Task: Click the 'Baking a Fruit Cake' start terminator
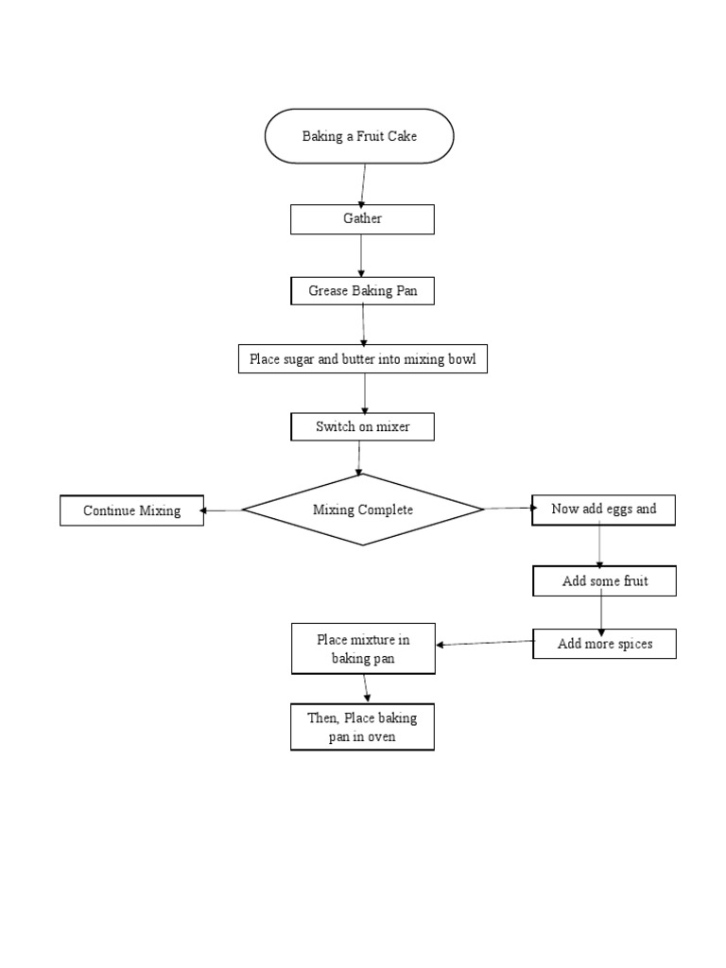pyautogui.click(x=359, y=136)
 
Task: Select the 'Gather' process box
pyautogui.click(x=362, y=219)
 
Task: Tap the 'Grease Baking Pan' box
pyautogui.click(x=362, y=291)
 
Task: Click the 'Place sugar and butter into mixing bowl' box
pyautogui.click(x=363, y=359)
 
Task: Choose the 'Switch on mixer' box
pyautogui.click(x=362, y=427)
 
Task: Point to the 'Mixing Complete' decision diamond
pyautogui.click(x=363, y=510)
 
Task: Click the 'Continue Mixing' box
pyautogui.click(x=131, y=510)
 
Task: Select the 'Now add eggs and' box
pyautogui.click(x=603, y=509)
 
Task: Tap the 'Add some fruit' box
pyautogui.click(x=604, y=581)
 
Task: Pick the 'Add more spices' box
pyautogui.click(x=604, y=644)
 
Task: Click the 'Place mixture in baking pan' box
pyautogui.click(x=363, y=648)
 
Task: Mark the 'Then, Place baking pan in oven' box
pyautogui.click(x=362, y=727)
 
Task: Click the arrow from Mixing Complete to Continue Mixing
pyautogui.click(x=223, y=510)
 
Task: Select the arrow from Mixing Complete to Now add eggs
pyautogui.click(x=509, y=509)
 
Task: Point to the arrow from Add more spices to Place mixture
pyautogui.click(x=484, y=644)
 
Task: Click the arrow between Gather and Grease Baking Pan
pyautogui.click(x=362, y=255)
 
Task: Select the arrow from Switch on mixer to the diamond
pyautogui.click(x=360, y=457)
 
